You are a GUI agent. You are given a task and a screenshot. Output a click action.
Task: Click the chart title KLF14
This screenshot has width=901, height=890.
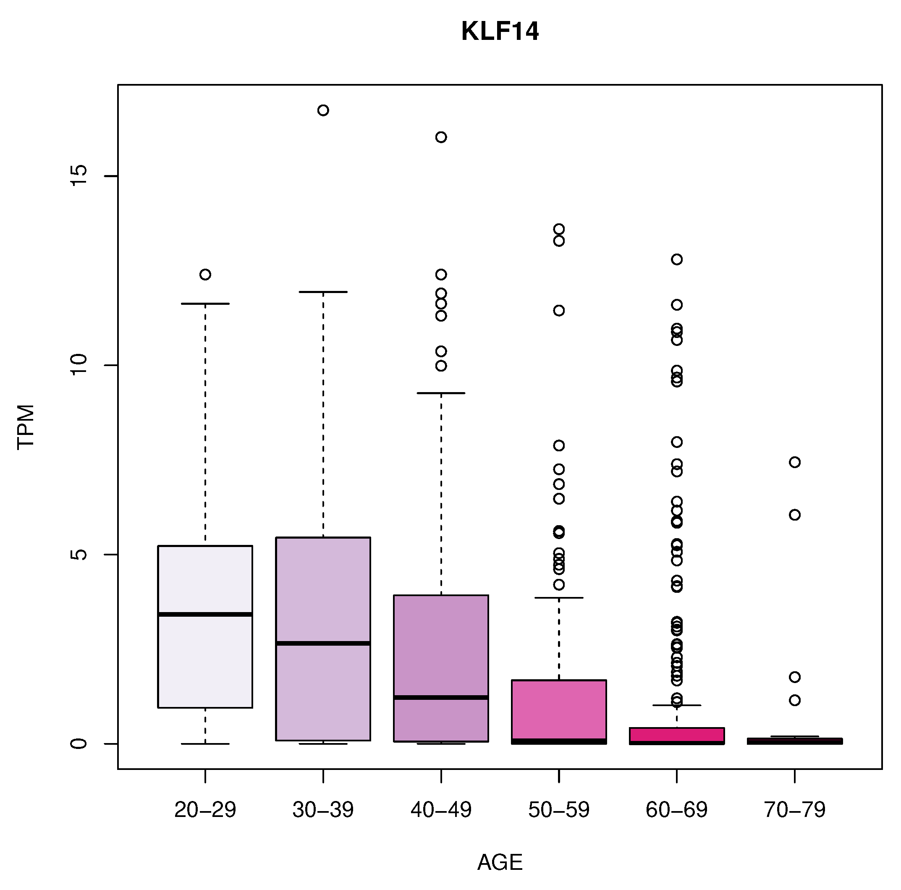(x=500, y=32)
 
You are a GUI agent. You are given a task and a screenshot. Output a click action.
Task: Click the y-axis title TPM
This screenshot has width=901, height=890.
(x=26, y=427)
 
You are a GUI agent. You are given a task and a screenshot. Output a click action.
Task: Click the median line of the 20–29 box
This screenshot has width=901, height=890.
(x=205, y=615)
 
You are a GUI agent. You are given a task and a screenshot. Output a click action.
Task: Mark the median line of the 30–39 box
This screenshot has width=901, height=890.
(x=323, y=644)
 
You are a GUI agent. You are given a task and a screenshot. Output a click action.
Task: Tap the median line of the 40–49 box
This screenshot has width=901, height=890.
(x=441, y=697)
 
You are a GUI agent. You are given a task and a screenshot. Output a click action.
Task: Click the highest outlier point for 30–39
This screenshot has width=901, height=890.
(x=323, y=110)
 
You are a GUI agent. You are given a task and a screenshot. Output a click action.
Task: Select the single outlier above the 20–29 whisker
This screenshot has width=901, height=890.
(x=205, y=275)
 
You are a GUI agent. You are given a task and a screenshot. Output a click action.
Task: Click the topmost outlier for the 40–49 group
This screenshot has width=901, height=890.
(x=441, y=137)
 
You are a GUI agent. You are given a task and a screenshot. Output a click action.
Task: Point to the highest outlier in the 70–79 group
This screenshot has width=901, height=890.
(x=794, y=462)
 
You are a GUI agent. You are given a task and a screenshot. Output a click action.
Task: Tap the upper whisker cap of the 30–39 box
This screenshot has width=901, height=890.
(x=323, y=292)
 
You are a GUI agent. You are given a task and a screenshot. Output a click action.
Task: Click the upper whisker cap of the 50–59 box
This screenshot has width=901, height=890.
(x=559, y=598)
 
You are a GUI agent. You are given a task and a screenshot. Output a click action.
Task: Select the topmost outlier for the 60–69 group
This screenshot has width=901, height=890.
(x=677, y=259)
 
